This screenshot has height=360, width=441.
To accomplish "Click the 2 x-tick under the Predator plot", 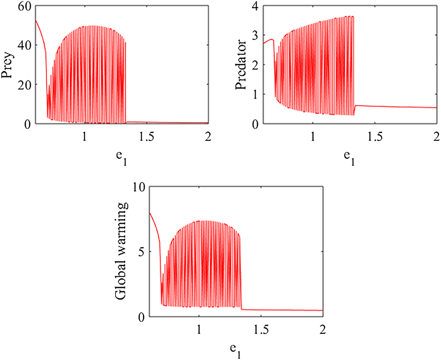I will (436, 136).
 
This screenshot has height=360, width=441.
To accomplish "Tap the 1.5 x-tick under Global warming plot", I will (261, 329).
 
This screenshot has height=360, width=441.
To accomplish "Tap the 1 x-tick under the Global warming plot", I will (199, 329).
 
